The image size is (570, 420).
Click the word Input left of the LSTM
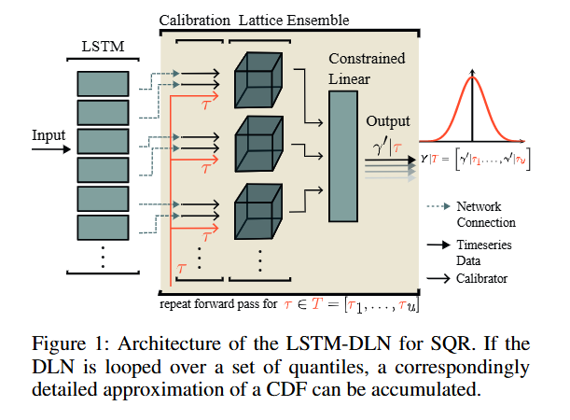click(x=49, y=135)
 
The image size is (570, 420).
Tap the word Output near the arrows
click(x=387, y=121)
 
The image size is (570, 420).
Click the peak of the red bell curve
click(x=473, y=77)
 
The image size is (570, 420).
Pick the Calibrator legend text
click(x=486, y=277)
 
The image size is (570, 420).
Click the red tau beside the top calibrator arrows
click(x=206, y=104)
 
